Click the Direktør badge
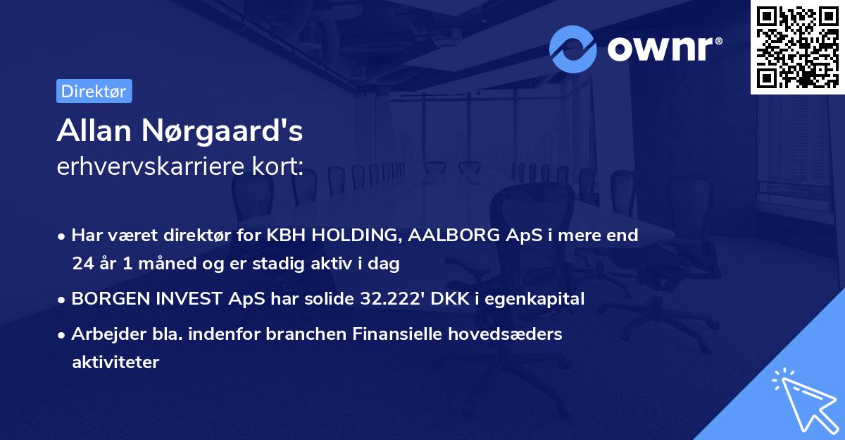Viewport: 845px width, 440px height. point(94,91)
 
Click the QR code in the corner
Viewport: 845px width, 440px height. point(797,47)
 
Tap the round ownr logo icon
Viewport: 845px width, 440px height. point(573,49)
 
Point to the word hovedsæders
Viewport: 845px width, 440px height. point(515,334)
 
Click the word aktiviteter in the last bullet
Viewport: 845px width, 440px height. point(115,362)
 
